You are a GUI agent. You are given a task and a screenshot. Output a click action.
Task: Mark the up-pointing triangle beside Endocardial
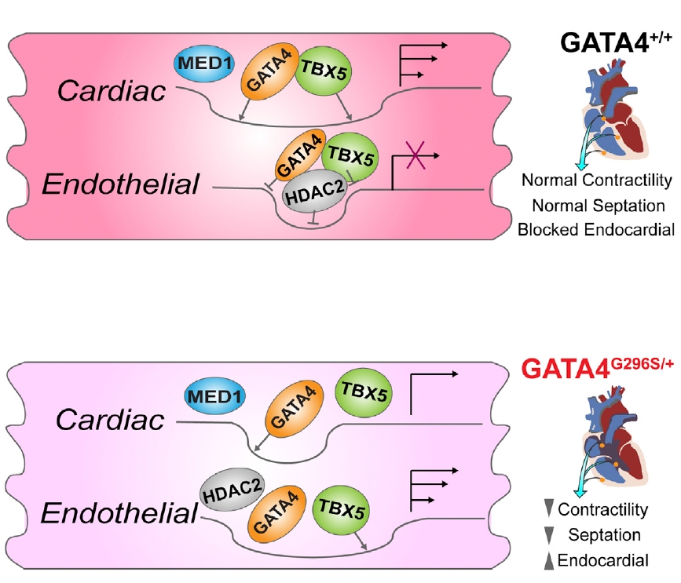coord(547,559)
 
